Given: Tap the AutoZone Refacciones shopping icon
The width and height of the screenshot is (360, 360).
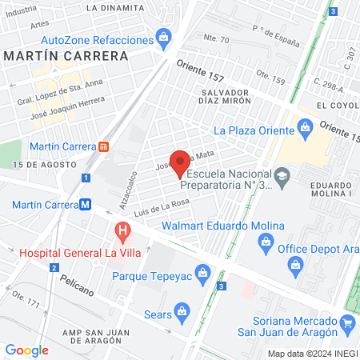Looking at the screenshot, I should (164, 36).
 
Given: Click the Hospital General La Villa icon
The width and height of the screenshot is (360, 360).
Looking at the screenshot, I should (122, 234).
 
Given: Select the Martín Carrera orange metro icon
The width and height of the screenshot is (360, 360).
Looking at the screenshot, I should (103, 146).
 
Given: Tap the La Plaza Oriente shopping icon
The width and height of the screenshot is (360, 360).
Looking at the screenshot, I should (304, 126).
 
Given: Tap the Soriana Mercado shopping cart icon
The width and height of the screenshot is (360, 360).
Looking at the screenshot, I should (347, 322).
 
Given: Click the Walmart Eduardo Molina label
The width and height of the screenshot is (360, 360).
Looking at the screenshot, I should (222, 226).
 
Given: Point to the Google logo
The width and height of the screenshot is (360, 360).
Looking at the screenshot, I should (26, 350).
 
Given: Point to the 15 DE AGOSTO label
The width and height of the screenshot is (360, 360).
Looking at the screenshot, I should (37, 164).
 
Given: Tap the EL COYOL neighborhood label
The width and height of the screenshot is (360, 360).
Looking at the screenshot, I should (337, 105).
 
